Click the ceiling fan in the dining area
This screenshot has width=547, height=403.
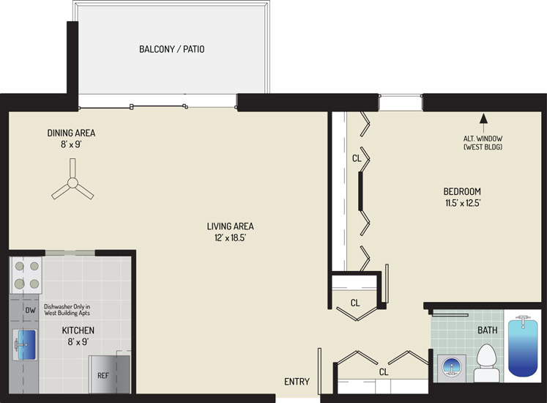72,182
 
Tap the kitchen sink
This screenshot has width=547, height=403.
25,344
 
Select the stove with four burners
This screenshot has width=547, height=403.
26,276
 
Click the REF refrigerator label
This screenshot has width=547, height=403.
103,375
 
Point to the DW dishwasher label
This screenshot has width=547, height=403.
30,310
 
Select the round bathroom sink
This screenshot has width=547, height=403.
452,367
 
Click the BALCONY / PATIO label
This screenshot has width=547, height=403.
171,49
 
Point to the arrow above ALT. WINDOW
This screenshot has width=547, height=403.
483,123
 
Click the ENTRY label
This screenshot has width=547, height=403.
297,382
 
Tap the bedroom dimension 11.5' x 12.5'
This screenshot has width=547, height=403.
463,203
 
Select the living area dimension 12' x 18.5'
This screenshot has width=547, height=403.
230,238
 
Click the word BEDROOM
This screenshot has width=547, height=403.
462,191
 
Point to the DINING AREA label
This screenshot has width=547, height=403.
71,133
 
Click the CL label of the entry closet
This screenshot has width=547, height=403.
384,372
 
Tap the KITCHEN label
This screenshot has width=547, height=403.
78,330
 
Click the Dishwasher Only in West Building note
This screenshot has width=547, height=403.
67,310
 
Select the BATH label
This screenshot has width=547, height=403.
488,330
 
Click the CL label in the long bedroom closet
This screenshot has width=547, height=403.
357,158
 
